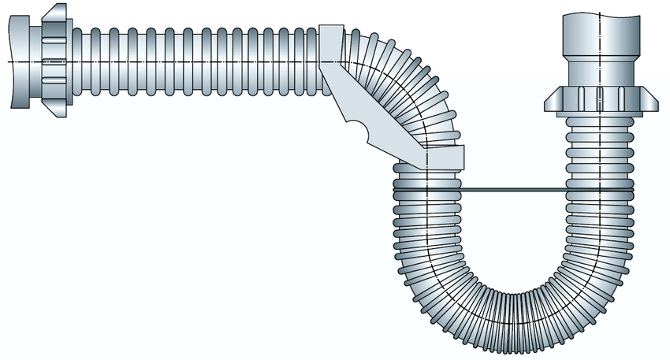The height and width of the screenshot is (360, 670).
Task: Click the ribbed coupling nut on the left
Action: click(x=53, y=61)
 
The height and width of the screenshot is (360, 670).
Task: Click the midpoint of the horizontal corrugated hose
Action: click(x=197, y=61)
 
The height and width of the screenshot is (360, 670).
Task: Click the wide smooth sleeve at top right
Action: click(x=600, y=39)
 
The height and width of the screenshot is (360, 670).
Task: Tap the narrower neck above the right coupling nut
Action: click(x=600, y=77)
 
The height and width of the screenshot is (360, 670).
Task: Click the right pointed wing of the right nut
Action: click(x=650, y=101)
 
